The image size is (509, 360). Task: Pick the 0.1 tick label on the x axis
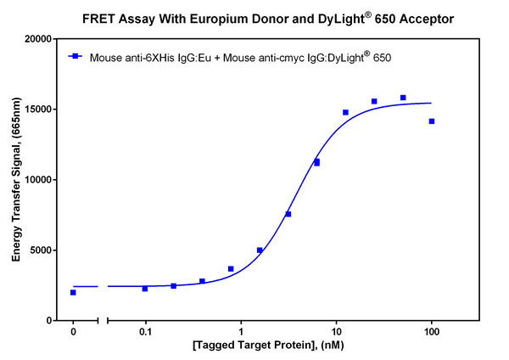[145, 333]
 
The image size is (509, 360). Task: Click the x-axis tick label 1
[241, 333]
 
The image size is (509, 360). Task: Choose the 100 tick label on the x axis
[432, 333]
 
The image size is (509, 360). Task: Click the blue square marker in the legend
[75, 57]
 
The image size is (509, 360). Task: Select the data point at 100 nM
[432, 121]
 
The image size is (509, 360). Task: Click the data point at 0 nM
[73, 292]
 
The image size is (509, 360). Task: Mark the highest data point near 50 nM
[403, 98]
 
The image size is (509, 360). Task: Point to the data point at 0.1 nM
[145, 289]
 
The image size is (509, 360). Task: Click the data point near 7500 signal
[288, 214]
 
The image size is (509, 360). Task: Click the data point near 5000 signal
[260, 250]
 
